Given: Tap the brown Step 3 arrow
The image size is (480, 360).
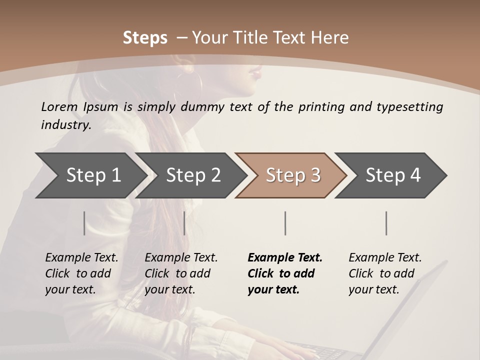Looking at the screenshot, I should (293, 175).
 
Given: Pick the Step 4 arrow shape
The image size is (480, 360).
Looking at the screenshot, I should (393, 175).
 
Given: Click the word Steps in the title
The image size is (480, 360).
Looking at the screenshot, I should (145, 38).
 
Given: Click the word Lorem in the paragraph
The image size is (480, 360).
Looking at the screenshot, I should (59, 107).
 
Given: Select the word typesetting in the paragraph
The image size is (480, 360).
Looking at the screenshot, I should (409, 107).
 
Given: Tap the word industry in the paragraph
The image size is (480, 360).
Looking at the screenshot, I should (65, 125).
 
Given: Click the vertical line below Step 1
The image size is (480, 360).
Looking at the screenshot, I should (84, 223).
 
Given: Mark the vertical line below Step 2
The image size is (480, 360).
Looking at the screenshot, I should (184, 223).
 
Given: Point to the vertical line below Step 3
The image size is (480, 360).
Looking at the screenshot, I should (285, 223).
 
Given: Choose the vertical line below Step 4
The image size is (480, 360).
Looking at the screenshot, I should (386, 223).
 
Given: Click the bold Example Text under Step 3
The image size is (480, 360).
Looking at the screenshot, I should (285, 258).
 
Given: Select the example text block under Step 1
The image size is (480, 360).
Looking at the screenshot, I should (81, 273).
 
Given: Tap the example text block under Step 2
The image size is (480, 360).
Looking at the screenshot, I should (181, 273).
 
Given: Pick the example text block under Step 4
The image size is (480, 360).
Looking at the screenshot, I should (385, 273).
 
